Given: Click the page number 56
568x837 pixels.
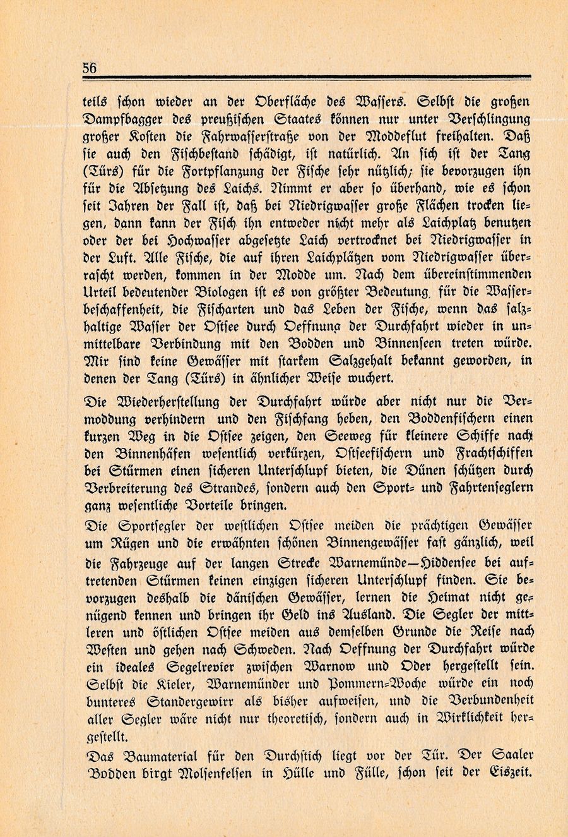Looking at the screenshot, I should click(90, 68).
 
